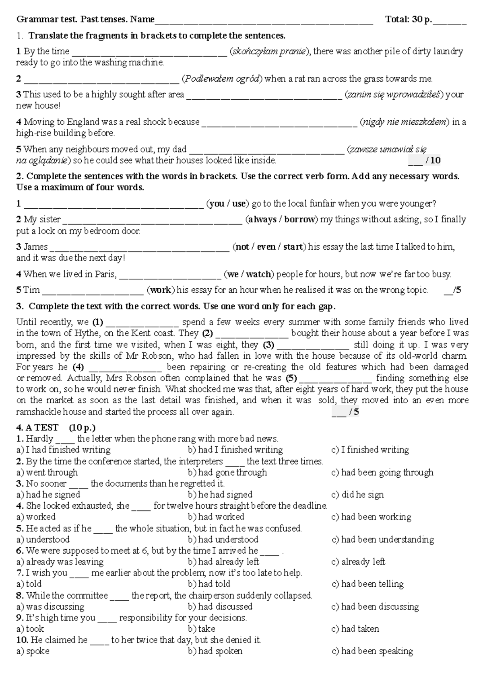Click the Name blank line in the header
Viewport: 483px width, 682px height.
coord(264,20)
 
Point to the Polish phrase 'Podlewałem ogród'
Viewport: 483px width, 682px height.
coord(222,79)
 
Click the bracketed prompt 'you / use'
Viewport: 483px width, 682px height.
coord(227,204)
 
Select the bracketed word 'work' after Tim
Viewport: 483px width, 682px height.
coord(161,290)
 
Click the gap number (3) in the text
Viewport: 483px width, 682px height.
coord(268,345)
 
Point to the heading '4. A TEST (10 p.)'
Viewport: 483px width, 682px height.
coord(56,427)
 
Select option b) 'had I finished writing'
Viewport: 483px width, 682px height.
coord(235,450)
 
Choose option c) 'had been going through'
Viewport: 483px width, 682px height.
coord(382,472)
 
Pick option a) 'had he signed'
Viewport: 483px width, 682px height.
coord(48,495)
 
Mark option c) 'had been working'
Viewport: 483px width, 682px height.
coord(371,517)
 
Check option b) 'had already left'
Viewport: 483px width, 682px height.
coord(223,562)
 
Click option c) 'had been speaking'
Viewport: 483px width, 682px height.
coord(372,651)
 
